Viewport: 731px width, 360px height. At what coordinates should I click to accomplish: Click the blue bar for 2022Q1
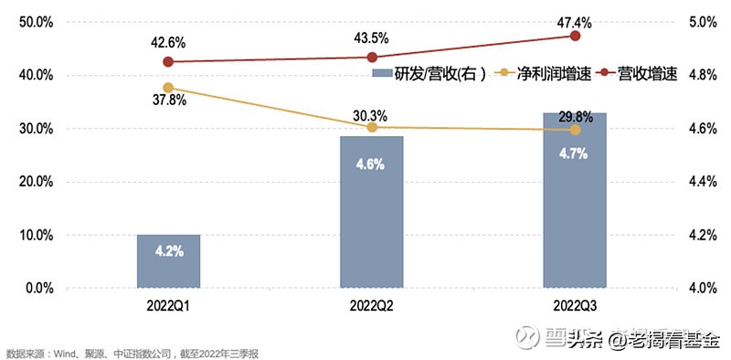(168, 261)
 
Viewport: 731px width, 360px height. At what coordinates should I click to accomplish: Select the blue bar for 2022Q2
(372, 212)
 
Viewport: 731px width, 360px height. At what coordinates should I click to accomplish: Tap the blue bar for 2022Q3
(575, 200)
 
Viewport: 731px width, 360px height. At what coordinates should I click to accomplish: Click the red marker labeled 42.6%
(168, 61)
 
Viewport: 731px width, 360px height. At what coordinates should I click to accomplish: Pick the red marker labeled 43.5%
(372, 57)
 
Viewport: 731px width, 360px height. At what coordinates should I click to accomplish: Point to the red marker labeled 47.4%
(575, 36)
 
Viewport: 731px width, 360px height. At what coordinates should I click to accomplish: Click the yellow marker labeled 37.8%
(168, 88)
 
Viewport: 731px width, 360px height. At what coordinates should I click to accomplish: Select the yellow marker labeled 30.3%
(372, 127)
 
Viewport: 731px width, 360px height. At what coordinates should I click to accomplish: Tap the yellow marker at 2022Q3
(575, 130)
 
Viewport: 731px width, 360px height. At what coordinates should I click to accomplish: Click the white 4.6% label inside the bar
(372, 165)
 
